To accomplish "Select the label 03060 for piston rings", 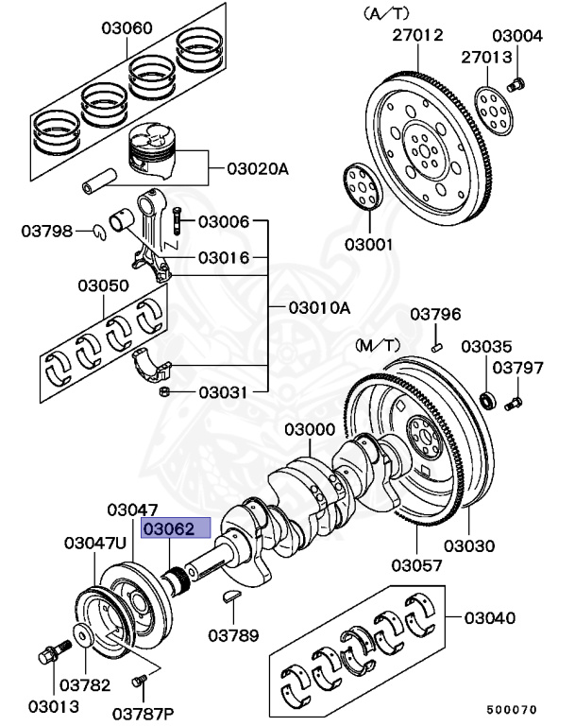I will click(x=127, y=28).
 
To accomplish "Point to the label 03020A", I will click(x=257, y=169).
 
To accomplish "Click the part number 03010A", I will click(x=319, y=307).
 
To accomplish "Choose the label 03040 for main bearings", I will click(x=490, y=618).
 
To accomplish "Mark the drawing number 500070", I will click(x=512, y=708).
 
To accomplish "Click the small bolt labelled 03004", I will click(x=516, y=84).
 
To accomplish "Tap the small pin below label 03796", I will click(x=437, y=349).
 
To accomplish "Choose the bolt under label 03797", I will click(x=514, y=405).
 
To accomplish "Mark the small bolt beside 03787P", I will click(x=142, y=682).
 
